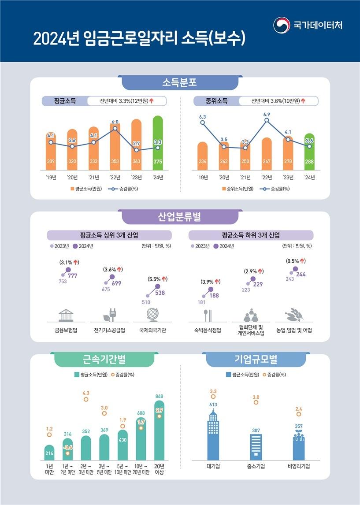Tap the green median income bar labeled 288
[309, 152]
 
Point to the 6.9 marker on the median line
[267, 120]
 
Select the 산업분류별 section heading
[179, 216]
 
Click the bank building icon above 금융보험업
[66, 315]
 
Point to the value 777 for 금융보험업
[73, 276]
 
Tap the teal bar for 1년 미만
[49, 452]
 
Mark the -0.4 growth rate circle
[67, 453]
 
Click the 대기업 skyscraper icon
[213, 434]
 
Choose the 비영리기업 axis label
[298, 466]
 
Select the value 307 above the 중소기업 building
[256, 430]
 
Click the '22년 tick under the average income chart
[114, 178]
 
